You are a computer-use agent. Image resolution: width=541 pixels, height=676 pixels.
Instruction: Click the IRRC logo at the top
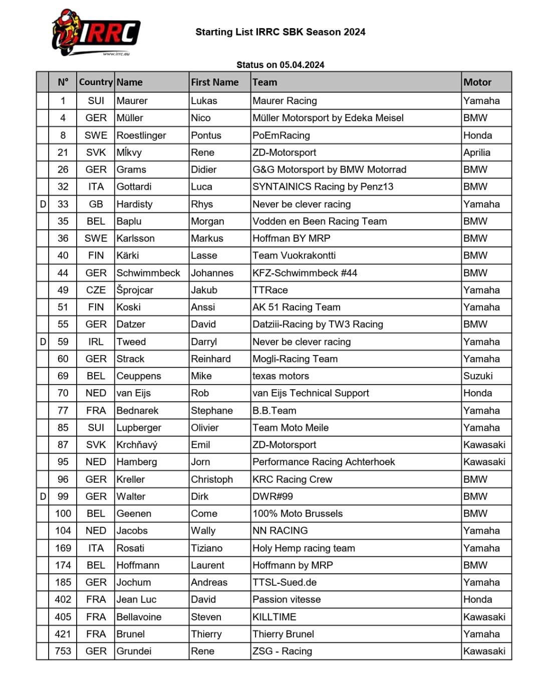click(x=95, y=33)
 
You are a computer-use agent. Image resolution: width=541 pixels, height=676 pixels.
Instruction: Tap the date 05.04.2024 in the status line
click(x=302, y=65)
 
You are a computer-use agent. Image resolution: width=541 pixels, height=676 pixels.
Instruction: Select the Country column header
click(x=95, y=82)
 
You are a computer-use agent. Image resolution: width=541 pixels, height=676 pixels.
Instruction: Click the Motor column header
click(x=477, y=82)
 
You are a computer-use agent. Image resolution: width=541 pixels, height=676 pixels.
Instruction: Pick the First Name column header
click(x=214, y=82)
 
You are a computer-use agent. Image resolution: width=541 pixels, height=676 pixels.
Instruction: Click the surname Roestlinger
click(x=141, y=135)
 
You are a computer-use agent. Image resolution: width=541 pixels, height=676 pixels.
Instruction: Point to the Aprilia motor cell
click(x=476, y=152)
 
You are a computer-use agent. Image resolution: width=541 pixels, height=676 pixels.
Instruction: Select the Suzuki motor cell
click(x=477, y=376)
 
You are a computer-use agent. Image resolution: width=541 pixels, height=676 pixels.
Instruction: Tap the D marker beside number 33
click(x=43, y=204)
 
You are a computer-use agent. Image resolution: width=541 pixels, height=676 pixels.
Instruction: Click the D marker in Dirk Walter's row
click(x=43, y=496)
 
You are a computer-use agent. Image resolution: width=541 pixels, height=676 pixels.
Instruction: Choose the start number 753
click(x=63, y=651)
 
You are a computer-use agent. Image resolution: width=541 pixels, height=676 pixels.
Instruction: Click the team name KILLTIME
click(x=274, y=617)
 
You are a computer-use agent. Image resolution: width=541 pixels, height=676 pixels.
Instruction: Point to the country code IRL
click(x=96, y=342)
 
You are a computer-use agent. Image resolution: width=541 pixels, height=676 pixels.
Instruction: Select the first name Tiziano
click(x=206, y=548)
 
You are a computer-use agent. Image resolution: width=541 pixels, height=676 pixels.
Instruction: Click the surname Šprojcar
click(x=134, y=290)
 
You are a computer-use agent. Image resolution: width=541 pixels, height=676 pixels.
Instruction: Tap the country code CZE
click(x=96, y=290)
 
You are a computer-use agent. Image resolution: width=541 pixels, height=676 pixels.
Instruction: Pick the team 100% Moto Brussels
click(x=298, y=513)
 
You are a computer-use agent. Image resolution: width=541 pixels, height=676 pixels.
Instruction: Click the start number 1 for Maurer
click(x=63, y=101)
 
